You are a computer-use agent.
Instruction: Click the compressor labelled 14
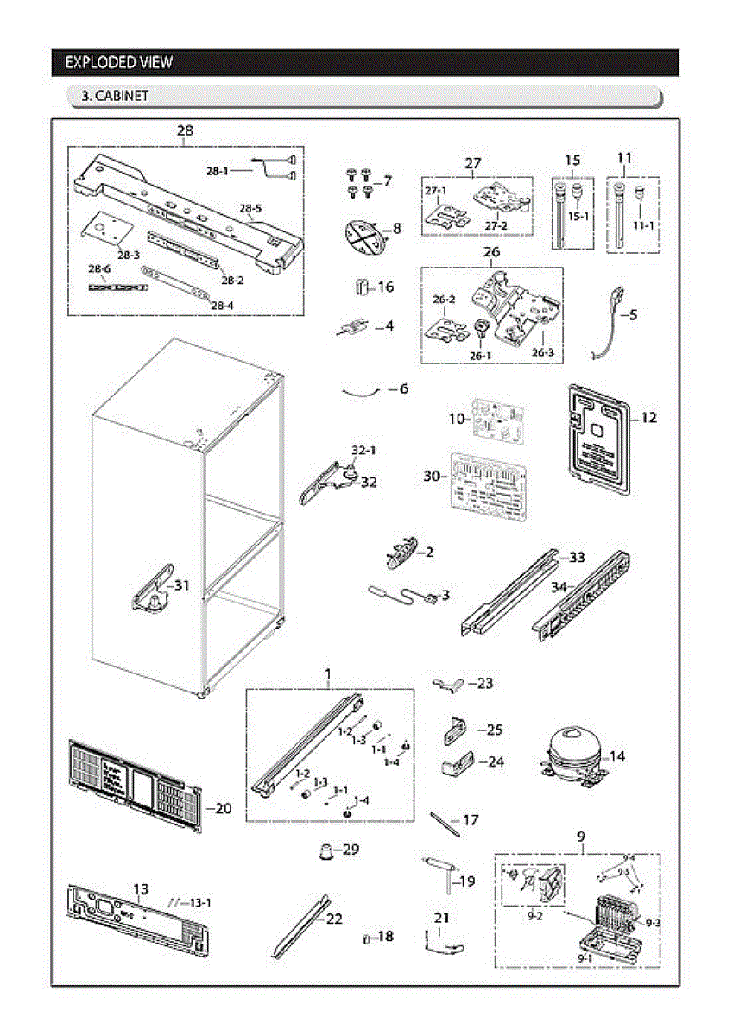pyautogui.click(x=572, y=755)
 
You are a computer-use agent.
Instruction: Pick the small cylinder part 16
pyautogui.click(x=363, y=286)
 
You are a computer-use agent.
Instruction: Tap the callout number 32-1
pyautogui.click(x=363, y=451)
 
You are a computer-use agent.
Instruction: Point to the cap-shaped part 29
pyautogui.click(x=325, y=851)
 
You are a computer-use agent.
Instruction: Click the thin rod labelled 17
pyautogui.click(x=444, y=823)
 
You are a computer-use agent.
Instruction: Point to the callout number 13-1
pyautogui.click(x=199, y=902)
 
